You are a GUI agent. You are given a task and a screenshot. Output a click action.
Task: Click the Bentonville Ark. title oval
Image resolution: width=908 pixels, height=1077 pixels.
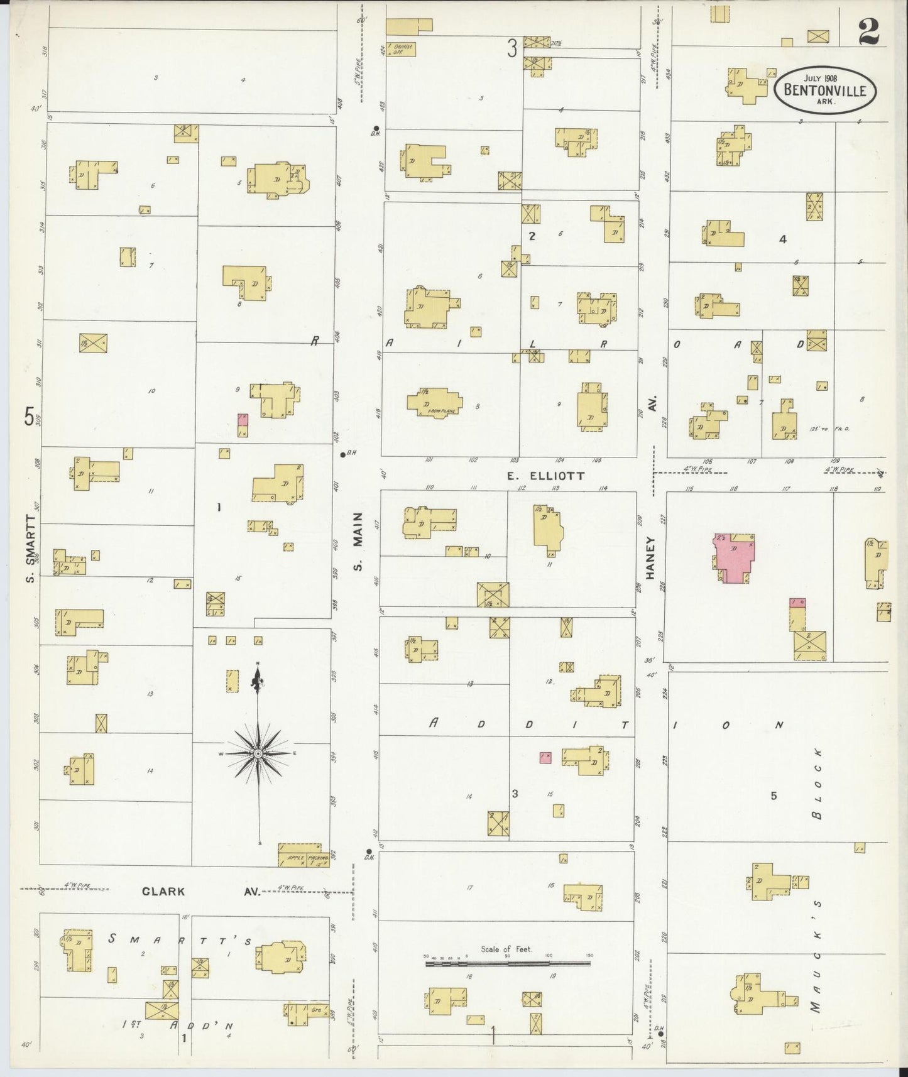coord(824,89)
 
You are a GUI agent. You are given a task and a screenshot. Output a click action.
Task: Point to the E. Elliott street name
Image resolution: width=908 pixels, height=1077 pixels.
coord(545,476)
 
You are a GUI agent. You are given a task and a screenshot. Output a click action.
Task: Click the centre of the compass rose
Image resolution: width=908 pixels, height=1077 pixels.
coord(258,753)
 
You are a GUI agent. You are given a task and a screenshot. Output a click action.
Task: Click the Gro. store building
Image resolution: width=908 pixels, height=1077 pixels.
coord(306,1013)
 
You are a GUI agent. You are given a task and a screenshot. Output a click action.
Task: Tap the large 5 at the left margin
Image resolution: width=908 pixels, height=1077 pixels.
coord(29,417)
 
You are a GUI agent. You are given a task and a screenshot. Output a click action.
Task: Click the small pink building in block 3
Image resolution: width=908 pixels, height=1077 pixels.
coord(545,758)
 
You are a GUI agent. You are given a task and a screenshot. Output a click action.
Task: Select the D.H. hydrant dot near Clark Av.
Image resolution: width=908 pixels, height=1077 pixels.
coord(369,852)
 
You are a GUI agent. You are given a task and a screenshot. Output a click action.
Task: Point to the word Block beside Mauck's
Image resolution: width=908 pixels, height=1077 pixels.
coord(817,784)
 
